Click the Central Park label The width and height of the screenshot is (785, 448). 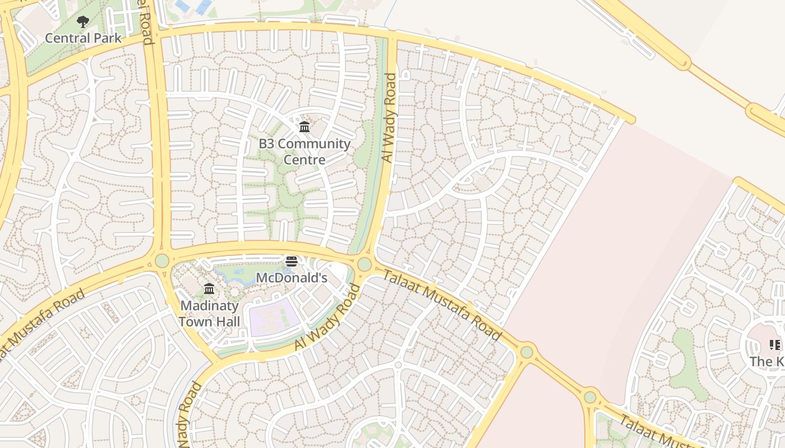83,38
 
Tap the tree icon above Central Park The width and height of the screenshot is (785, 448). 83,22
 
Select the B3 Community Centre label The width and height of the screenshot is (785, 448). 304,152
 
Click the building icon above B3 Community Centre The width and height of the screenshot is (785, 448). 304,127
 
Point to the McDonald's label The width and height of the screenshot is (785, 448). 291,278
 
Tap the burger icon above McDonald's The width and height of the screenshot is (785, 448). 291,262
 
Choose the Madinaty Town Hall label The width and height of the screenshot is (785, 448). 209,314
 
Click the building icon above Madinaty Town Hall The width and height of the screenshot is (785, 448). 209,289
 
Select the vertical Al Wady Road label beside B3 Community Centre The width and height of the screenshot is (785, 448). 388,118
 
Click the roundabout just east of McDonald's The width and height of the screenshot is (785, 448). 364,264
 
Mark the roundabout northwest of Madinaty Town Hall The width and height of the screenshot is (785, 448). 162,260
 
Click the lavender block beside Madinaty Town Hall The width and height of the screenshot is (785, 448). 273,317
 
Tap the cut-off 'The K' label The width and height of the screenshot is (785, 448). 768,362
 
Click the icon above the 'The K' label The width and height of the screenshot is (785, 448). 774,345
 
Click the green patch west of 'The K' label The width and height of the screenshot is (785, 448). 685,364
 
